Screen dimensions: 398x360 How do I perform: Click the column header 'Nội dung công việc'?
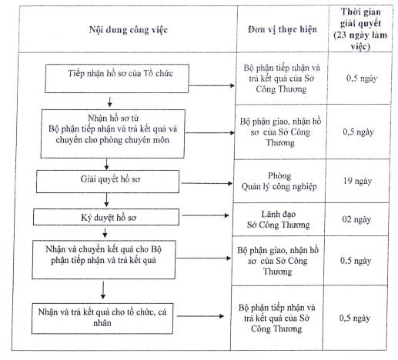(129, 30)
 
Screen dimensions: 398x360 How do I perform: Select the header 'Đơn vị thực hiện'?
(283, 29)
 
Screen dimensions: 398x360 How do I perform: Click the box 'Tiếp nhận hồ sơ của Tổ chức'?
(117, 78)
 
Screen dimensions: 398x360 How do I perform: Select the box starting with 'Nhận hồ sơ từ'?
(113, 134)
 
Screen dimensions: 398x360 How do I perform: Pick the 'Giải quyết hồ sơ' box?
(108, 182)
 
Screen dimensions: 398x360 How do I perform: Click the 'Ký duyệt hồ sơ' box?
(106, 217)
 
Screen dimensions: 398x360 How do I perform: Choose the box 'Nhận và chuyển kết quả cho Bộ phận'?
(104, 259)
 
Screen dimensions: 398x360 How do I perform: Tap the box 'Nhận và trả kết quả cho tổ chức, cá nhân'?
(102, 318)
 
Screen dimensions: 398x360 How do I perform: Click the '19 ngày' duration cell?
(357, 181)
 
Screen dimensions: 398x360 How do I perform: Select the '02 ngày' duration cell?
(356, 219)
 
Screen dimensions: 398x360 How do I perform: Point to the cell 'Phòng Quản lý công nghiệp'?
(279, 182)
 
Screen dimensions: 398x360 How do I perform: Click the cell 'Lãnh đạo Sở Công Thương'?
(279, 219)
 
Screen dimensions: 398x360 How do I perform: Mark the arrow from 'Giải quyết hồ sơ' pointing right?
(207, 183)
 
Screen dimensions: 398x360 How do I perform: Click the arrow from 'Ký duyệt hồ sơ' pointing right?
(206, 215)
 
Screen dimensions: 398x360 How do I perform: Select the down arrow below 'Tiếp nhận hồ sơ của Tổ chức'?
(110, 102)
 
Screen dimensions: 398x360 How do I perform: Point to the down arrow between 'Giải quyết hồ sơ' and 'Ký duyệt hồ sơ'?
(106, 200)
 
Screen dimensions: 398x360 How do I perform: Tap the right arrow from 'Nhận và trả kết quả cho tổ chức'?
(200, 316)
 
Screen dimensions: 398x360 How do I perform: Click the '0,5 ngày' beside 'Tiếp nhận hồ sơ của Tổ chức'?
(362, 78)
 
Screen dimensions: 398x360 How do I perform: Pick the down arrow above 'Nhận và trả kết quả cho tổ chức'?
(103, 290)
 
